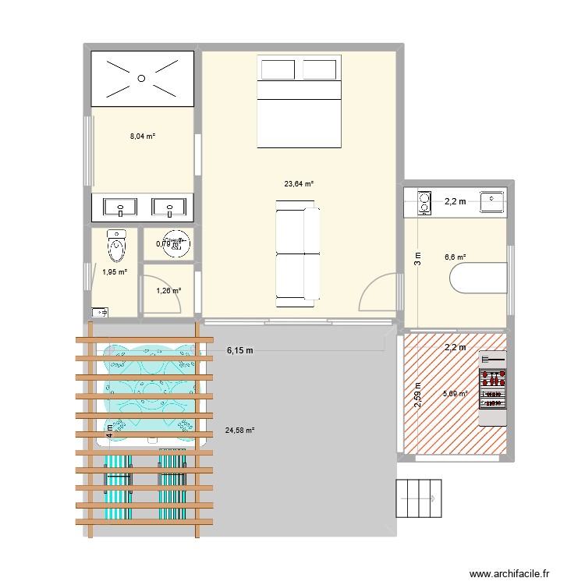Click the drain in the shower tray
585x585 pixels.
pos(141,77)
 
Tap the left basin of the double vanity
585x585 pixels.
pos(120,208)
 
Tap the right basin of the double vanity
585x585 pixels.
pos(169,208)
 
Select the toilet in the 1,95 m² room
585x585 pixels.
pos(116,246)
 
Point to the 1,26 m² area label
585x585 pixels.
pos(168,291)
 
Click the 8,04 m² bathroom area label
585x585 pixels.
pos(143,136)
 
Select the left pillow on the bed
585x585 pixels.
pos(277,70)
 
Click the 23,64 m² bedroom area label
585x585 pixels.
pos(299,184)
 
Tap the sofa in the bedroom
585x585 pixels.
pos(297,250)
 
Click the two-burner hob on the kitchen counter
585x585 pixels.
pos(424,203)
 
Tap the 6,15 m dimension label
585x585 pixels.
pos(240,350)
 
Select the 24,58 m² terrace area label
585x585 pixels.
pos(239,430)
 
